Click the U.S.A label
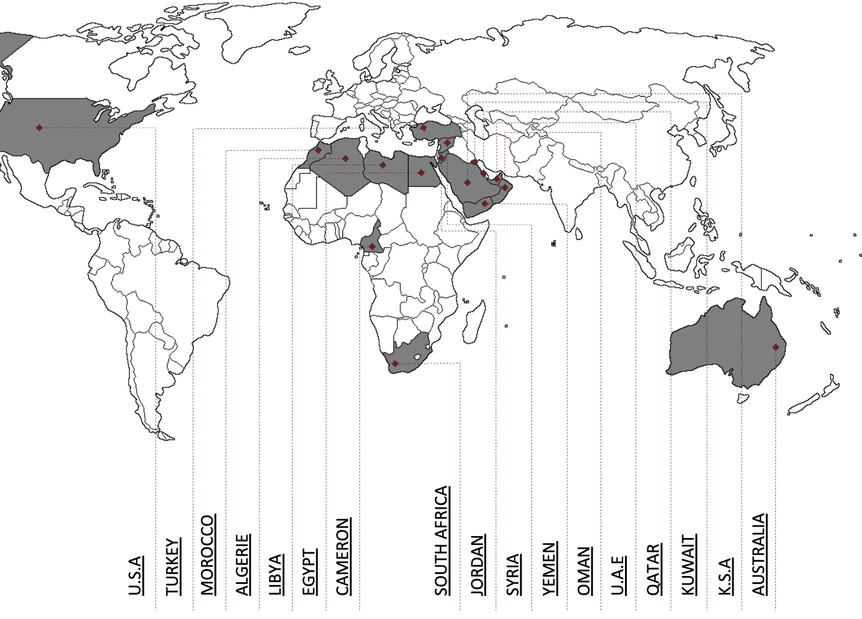(x=135, y=575)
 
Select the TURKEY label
(x=172, y=566)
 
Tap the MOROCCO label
(x=207, y=554)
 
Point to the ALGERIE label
(x=242, y=564)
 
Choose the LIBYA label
(x=275, y=574)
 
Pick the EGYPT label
(x=309, y=572)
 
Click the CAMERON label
(x=342, y=556)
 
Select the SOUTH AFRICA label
(x=442, y=540)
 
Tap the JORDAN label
(x=477, y=565)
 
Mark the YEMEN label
(x=548, y=569)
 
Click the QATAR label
(x=653, y=569)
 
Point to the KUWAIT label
(x=688, y=564)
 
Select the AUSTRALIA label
(x=758, y=554)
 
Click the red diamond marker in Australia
(x=776, y=347)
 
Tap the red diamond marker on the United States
(x=39, y=128)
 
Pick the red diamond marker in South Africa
(x=395, y=363)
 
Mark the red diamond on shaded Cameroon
(x=372, y=247)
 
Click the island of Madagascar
(x=475, y=321)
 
